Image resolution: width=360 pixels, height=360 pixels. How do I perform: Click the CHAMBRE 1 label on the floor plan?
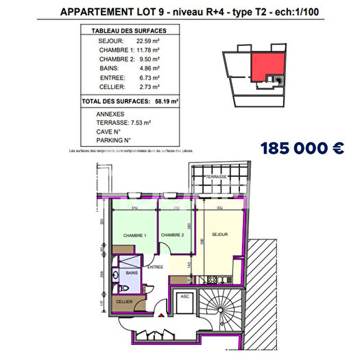point(135,236)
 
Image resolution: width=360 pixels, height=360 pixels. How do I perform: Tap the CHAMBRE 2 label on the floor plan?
point(172,236)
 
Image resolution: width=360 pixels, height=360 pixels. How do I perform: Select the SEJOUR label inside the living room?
point(219,234)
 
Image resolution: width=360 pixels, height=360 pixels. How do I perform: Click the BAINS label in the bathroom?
point(132,273)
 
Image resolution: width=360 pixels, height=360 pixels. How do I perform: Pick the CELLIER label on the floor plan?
point(123,302)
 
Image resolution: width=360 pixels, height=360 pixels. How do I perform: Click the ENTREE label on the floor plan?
point(156,267)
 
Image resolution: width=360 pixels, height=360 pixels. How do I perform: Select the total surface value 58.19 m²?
point(167,101)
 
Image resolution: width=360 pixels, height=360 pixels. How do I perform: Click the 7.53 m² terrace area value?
point(142,121)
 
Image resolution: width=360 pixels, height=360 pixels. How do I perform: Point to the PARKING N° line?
point(114,140)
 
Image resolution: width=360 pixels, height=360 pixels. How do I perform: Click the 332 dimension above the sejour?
point(219,208)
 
